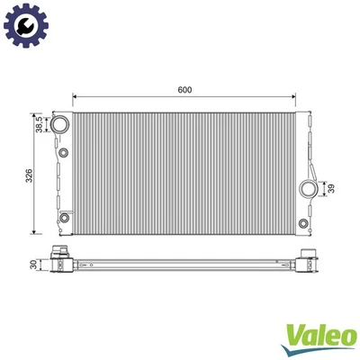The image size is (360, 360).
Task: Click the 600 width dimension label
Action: tap(185, 90)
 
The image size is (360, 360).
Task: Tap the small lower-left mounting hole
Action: tap(65, 218)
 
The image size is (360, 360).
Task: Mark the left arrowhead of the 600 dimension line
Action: tap(75, 96)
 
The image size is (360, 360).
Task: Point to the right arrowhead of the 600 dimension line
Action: tap(296, 96)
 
